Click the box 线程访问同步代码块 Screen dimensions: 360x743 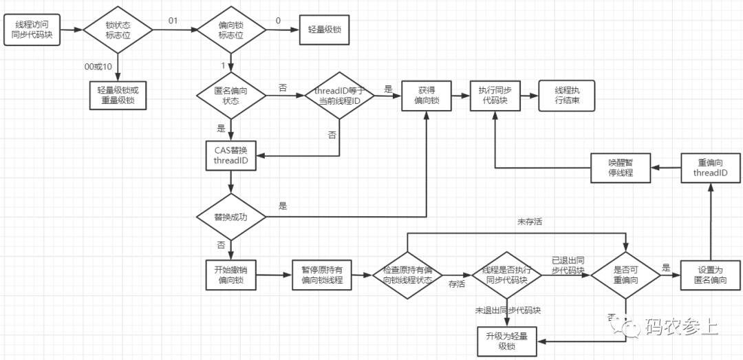pyautogui.click(x=34, y=29)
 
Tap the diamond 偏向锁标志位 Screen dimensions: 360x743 pyautogui.click(x=230, y=29)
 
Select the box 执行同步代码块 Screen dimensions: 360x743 pyautogui.click(x=494, y=95)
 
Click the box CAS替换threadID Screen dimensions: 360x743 pyautogui.click(x=230, y=156)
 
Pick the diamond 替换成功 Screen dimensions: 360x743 pyautogui.click(x=230, y=216)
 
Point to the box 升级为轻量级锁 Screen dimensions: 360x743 pyautogui.click(x=506, y=339)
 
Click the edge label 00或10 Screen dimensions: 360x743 pyautogui.click(x=98, y=65)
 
